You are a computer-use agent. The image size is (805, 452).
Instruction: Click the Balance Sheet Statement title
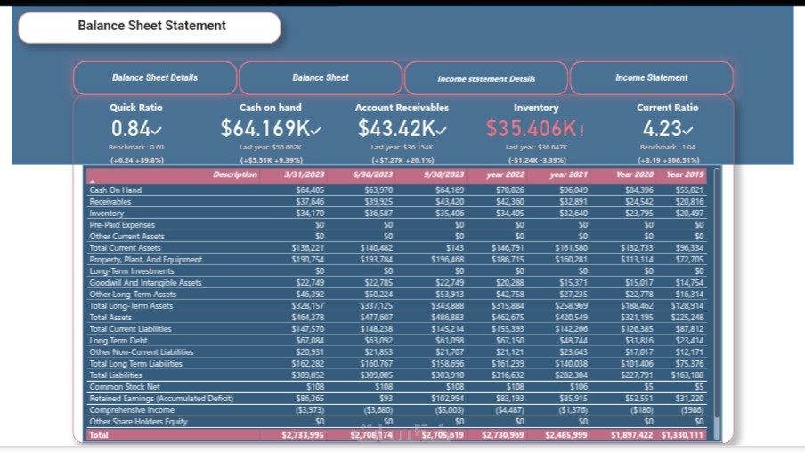tap(151, 26)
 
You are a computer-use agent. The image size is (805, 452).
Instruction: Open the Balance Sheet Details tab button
tap(155, 77)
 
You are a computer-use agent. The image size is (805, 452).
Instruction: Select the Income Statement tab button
tap(651, 77)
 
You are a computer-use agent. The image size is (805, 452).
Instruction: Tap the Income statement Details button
tap(486, 78)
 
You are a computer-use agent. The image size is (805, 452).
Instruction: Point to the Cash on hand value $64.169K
tap(271, 128)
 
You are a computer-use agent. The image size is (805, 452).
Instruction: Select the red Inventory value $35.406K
tap(536, 128)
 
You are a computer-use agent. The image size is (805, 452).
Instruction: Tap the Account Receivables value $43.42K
tap(402, 128)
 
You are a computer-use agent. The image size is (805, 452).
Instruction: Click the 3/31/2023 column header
tap(305, 174)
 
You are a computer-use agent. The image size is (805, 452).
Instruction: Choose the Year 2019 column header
tap(685, 174)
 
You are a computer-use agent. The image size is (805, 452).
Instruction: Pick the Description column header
tap(235, 174)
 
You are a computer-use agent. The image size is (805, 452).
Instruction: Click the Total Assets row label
tap(111, 318)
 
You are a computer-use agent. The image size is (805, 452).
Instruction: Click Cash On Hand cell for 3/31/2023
tap(310, 190)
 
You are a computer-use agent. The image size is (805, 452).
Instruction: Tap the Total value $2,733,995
tap(303, 435)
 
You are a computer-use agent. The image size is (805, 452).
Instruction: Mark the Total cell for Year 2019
tap(683, 435)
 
